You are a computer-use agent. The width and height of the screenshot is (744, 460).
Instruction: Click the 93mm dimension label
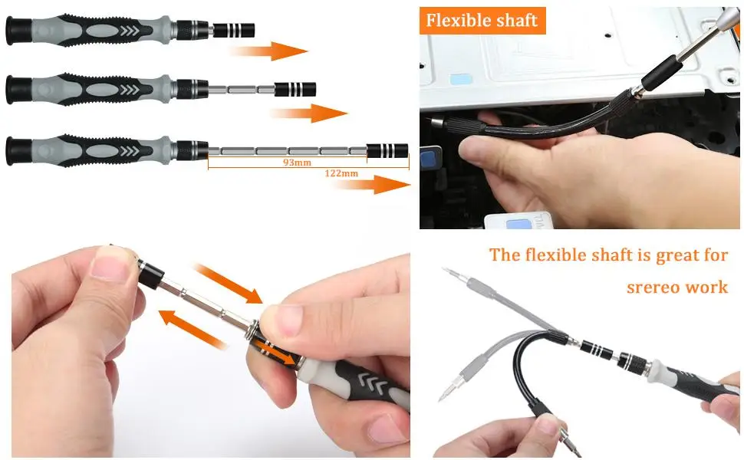pos(297,163)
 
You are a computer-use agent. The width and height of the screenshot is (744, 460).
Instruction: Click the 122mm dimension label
pos(341,173)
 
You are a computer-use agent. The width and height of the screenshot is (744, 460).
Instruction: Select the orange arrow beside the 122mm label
pos(373,184)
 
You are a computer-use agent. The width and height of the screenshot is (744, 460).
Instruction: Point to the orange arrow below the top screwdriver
pos(269,51)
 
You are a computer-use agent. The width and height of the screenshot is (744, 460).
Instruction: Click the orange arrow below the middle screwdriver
pos(309,113)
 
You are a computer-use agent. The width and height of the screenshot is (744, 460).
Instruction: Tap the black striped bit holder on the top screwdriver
pos(234,31)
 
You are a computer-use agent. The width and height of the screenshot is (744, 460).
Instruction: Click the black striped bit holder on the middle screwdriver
pos(295,89)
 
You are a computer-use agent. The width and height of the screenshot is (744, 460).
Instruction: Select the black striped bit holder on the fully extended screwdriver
pos(387,151)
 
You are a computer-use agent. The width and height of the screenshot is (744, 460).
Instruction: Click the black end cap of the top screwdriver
pos(18,31)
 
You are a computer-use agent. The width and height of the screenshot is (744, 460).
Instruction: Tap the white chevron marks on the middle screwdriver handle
pos(130,90)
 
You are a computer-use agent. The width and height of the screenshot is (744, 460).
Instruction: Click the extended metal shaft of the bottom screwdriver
pos(288,151)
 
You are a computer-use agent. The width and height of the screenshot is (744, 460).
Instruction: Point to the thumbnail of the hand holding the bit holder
pos(110,261)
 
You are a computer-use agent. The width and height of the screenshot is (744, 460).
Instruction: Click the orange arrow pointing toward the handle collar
pos(229,283)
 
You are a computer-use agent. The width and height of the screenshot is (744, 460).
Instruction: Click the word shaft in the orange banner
pos(517,21)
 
